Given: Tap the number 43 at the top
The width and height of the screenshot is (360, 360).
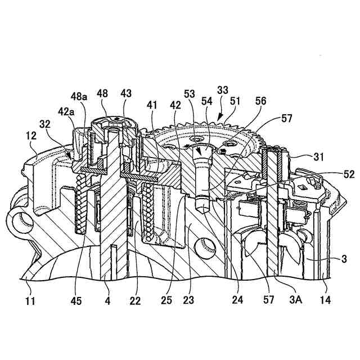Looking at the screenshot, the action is pos(126,93).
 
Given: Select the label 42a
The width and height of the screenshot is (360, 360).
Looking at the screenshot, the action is pos(66,111).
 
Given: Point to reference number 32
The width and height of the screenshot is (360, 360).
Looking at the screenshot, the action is pos(46,123).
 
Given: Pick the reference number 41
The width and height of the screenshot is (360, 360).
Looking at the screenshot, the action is pos(152,105).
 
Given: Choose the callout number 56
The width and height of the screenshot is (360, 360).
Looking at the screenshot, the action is pos(260,101).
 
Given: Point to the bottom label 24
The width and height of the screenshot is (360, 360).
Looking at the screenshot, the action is pos(238,301).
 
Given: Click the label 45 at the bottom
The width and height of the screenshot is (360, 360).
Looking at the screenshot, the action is pos(76,301).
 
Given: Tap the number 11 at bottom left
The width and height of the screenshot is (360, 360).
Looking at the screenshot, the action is pos(30,301).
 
